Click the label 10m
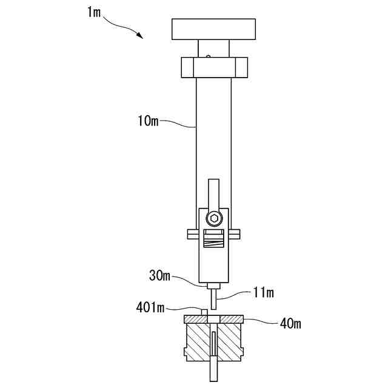point(147,121)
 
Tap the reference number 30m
point(161,276)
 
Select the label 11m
point(262,293)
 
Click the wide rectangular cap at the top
point(214,28)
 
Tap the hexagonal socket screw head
point(213,218)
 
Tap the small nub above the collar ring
point(208,57)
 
